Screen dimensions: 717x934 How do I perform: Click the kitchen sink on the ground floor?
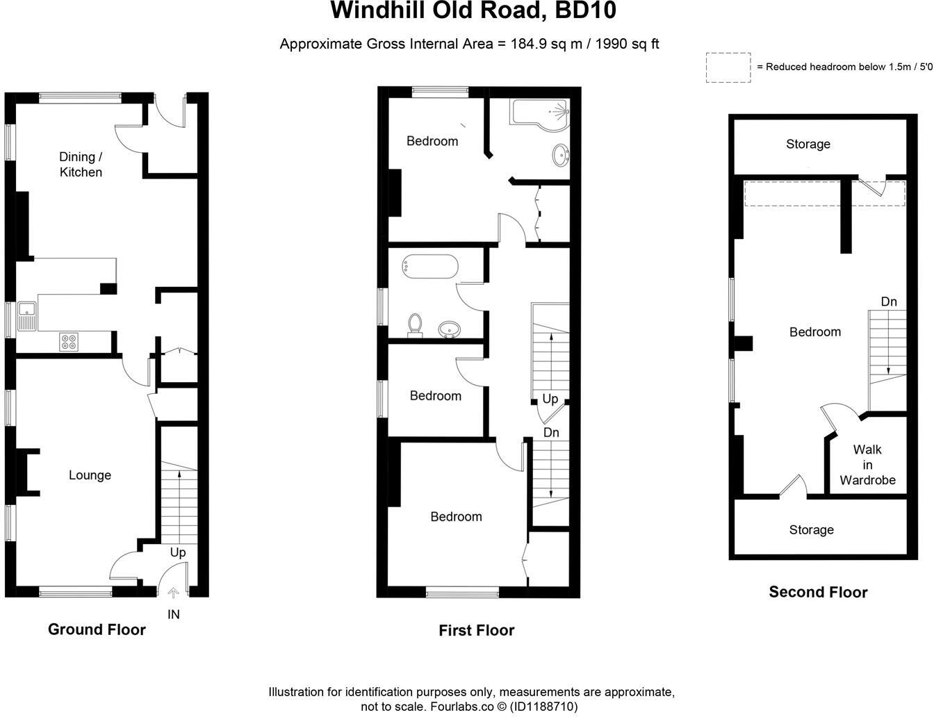(x=28, y=317)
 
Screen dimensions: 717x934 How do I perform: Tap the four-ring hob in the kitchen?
(x=69, y=342)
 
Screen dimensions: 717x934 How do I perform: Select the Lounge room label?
(x=90, y=475)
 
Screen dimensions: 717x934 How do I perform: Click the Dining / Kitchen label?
(x=81, y=165)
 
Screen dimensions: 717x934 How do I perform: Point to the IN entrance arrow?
(x=173, y=593)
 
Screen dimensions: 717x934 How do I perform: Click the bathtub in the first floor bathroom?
(x=429, y=267)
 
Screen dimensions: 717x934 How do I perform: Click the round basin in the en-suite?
(x=560, y=154)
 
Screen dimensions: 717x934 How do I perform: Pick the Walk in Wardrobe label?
(x=867, y=465)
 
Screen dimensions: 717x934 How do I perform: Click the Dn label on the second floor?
(x=889, y=302)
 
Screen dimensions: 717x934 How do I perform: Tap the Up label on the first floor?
(x=550, y=399)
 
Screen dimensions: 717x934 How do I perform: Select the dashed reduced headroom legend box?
(x=728, y=67)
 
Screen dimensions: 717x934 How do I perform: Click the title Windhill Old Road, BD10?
(x=473, y=11)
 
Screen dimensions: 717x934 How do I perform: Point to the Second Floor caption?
(x=818, y=593)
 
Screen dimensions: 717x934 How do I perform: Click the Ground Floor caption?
(x=97, y=629)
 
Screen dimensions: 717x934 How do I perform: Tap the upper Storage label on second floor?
(x=808, y=145)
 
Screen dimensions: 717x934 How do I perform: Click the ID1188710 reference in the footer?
(x=544, y=707)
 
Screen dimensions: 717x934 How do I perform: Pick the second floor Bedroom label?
(x=814, y=332)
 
